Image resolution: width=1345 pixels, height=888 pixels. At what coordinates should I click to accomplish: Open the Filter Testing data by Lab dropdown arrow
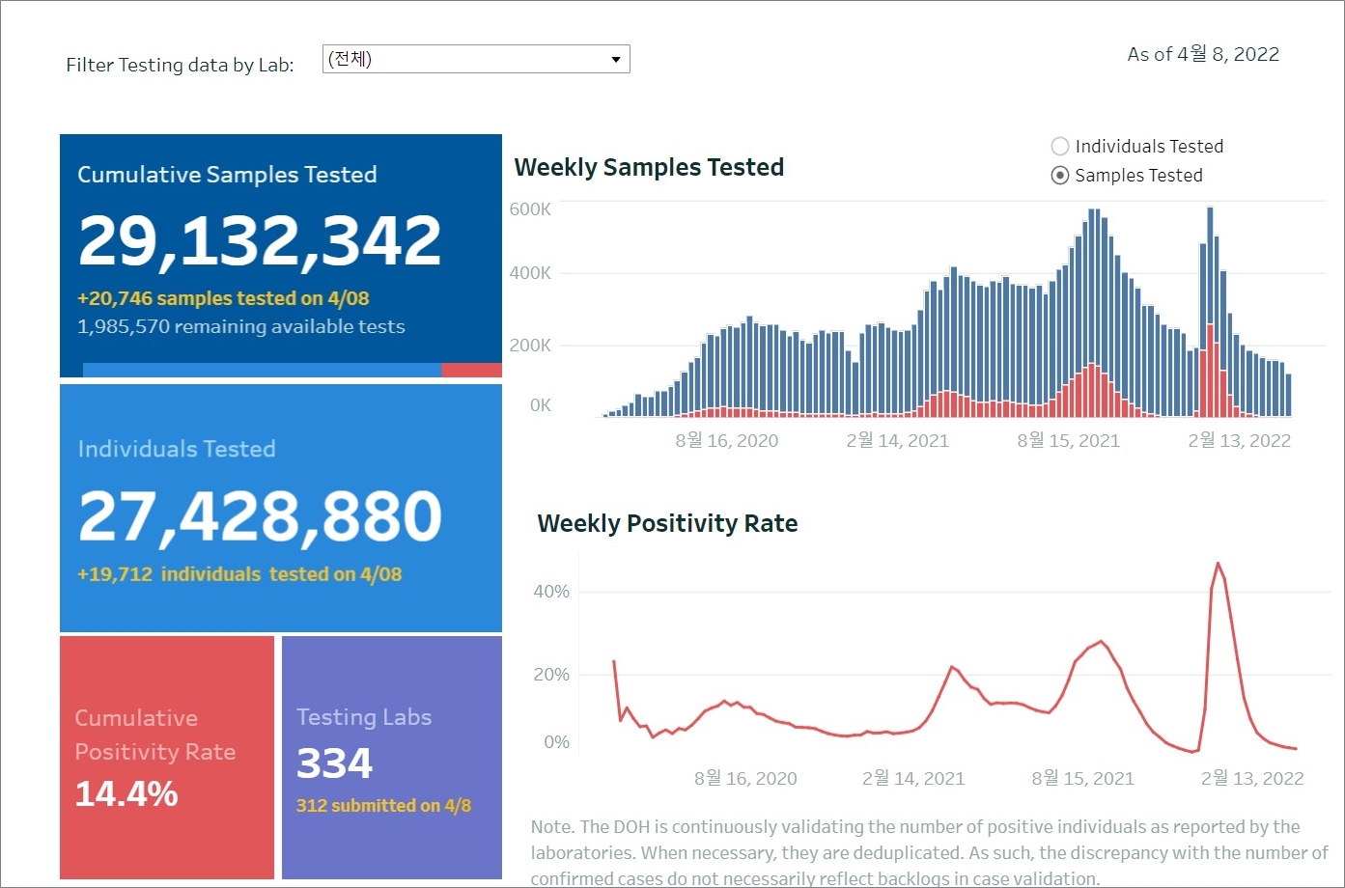pos(615,60)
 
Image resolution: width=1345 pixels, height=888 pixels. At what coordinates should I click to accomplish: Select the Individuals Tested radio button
pos(1060,147)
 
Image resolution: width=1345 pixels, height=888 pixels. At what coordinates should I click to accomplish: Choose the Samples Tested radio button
pos(1060,176)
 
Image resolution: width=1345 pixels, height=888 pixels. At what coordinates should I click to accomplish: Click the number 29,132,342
pos(260,240)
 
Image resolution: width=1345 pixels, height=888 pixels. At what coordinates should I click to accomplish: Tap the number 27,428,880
pos(260,516)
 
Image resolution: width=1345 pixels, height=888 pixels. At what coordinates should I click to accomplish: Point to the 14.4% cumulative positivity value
pos(126,794)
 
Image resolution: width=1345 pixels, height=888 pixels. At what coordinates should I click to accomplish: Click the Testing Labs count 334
pos(334,763)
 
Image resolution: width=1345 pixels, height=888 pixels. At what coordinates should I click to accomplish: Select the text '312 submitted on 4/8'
pos(383,806)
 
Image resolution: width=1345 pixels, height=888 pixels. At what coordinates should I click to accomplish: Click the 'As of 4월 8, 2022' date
pos(1203,55)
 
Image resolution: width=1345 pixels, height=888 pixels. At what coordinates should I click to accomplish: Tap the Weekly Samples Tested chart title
pos(649,168)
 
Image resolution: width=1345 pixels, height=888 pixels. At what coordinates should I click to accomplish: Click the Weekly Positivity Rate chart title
pos(667,524)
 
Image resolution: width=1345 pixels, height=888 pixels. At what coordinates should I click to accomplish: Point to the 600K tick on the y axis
pos(530,209)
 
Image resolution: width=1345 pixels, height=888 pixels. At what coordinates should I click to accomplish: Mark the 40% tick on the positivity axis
pos(551,592)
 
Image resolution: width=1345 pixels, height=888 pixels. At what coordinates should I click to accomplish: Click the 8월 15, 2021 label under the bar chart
pos(1068,441)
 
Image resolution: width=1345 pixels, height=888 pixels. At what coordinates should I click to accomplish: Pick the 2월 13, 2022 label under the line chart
pos(1252,779)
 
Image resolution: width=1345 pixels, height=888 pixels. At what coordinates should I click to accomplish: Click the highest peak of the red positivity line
pos(1218,564)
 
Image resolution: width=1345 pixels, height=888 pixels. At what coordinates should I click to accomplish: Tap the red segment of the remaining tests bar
pos(471,371)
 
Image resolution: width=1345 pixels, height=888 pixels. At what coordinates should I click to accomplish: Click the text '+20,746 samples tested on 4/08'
pos(223,299)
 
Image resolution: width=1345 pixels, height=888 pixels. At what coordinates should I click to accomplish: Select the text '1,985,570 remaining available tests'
pos(241,327)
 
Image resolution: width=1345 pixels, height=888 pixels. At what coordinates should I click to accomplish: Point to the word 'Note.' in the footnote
pos(552,827)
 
